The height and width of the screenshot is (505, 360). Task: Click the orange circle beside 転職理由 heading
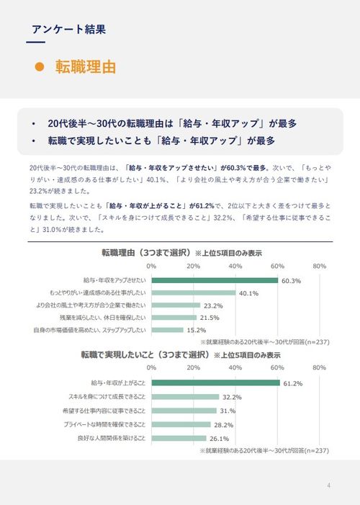pos(40,68)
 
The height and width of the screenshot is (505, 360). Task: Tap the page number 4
pos(328,484)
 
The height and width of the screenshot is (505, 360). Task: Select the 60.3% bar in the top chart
pos(215,280)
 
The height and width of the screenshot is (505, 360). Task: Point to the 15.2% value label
pos(197,330)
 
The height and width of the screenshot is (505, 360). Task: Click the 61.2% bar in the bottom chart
pos(215,383)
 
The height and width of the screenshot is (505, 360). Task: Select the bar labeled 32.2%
pos(185,397)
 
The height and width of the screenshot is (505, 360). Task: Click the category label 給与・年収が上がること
pos(118,383)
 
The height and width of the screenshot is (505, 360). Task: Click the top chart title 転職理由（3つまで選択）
pos(146,253)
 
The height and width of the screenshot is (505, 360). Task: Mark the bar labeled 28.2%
pos(181,424)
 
